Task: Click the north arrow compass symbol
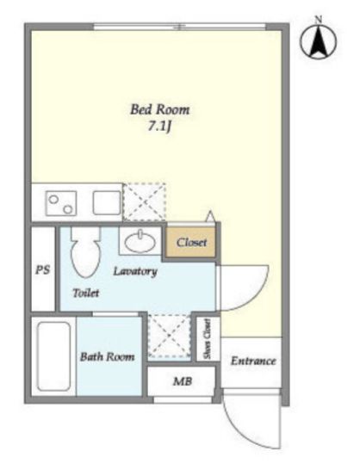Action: (319, 41)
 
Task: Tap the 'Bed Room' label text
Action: (160, 109)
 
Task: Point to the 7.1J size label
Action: (159, 127)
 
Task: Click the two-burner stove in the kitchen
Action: (61, 203)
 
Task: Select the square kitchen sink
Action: (107, 203)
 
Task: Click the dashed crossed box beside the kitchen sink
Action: (145, 202)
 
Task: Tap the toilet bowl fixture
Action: (85, 251)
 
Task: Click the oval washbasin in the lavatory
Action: (140, 242)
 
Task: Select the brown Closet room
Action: (191, 242)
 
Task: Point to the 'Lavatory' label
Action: (135, 271)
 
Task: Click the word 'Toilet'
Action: (86, 293)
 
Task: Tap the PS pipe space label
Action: (42, 270)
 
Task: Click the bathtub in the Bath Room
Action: (53, 356)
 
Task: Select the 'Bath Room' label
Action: (107, 356)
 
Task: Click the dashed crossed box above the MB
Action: (170, 336)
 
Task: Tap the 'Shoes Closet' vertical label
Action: (207, 338)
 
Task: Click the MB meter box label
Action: (182, 381)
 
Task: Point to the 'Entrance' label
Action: (253, 361)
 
